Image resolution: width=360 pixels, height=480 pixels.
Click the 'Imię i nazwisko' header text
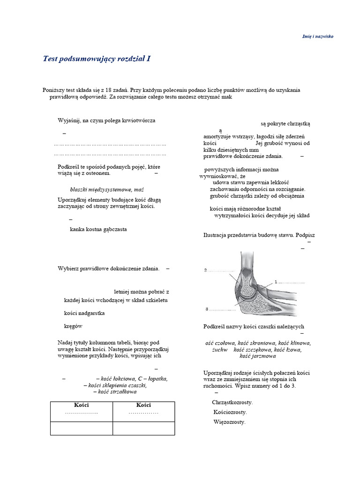click(x=317, y=36)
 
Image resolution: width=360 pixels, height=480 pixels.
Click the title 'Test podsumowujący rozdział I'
click(x=97, y=59)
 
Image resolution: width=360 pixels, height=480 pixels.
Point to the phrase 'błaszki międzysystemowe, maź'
click(x=106, y=190)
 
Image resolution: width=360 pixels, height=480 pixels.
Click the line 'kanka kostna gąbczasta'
click(x=98, y=229)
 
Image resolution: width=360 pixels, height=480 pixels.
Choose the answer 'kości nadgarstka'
click(x=84, y=313)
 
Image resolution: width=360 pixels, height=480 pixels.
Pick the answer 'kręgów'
click(x=74, y=325)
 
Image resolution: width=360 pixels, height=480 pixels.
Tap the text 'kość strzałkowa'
click(x=115, y=391)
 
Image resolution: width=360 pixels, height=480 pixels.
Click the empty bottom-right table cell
click(x=143, y=428)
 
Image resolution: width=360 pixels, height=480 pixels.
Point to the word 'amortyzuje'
click(x=218, y=136)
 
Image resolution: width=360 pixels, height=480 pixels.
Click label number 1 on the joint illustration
click(x=277, y=282)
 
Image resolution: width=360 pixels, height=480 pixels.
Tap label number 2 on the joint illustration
click(x=205, y=270)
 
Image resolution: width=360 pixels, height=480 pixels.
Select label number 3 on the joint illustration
click(x=206, y=309)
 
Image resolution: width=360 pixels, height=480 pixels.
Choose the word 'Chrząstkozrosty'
click(x=232, y=402)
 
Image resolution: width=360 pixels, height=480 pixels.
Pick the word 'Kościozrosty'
click(x=230, y=412)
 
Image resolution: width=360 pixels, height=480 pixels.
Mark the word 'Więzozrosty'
click(x=229, y=422)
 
